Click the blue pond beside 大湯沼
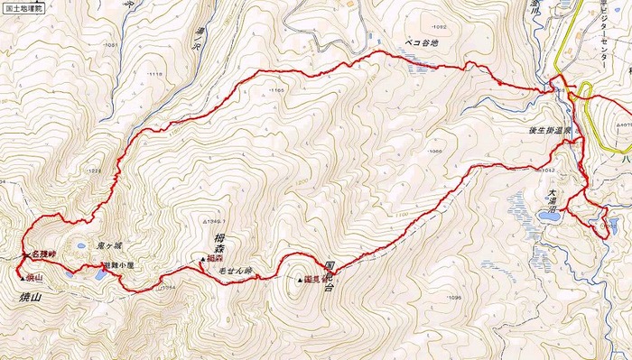[x=523, y=209]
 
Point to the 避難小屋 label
[x=118, y=266]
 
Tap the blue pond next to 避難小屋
[x=96, y=272]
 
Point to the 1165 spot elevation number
[x=276, y=90]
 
